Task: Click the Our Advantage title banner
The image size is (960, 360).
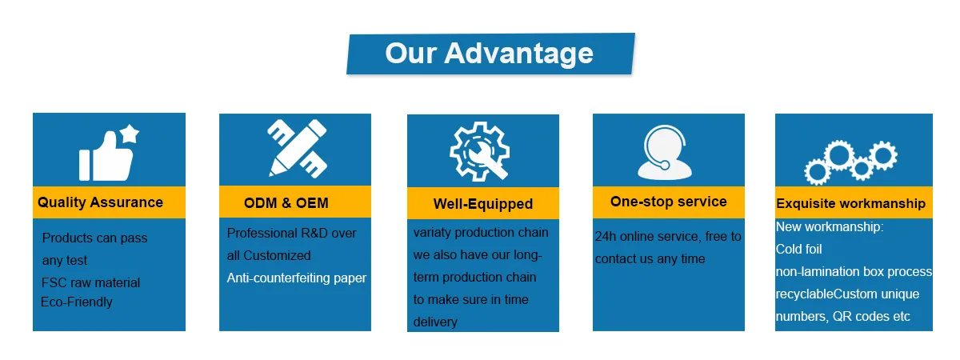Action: pos(490,54)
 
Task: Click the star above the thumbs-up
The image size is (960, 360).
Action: pos(130,134)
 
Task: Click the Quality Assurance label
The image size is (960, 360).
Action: pos(100,202)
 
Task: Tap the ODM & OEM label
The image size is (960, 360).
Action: pos(286,203)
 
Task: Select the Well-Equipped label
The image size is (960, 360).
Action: pos(482,204)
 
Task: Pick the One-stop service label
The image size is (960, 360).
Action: pos(668,202)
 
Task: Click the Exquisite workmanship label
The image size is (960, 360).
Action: pos(850,203)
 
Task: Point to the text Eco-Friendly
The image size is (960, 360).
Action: pos(77,302)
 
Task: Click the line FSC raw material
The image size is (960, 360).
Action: pos(90,282)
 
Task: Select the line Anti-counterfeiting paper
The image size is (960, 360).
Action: pos(296,278)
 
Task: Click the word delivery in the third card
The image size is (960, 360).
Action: pos(435,322)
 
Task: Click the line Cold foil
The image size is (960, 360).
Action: pos(798,250)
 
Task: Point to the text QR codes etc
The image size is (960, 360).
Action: pos(871,316)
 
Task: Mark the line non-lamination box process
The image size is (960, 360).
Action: pos(854,272)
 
